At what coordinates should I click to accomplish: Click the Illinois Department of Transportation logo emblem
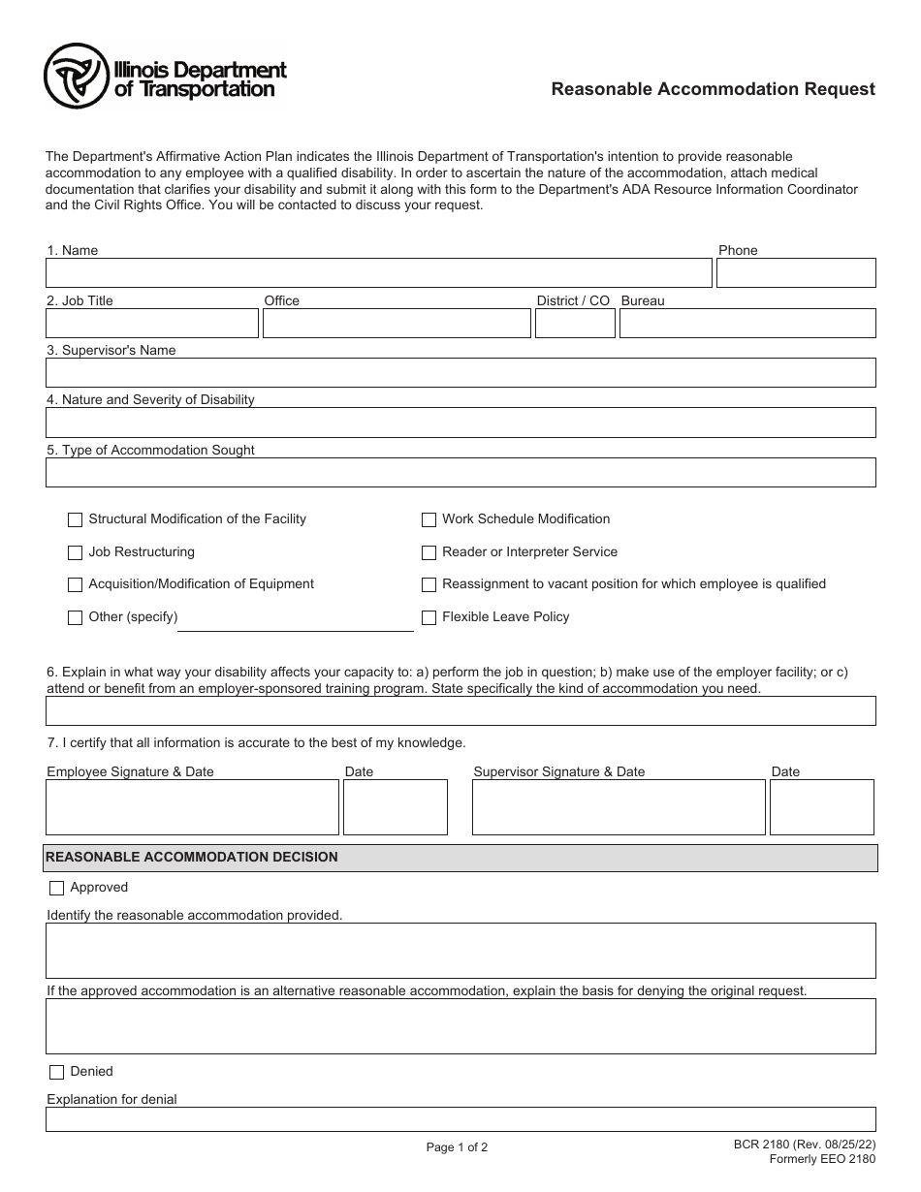click(x=77, y=77)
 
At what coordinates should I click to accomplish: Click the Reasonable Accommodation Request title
click(x=713, y=89)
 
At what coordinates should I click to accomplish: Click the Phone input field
click(x=795, y=273)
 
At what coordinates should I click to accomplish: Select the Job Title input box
click(x=152, y=324)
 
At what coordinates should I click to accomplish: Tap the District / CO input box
click(x=574, y=324)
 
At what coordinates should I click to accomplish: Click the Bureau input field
click(x=746, y=324)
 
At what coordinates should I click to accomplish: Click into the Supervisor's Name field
click(x=460, y=373)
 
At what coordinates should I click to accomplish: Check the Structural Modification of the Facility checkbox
click(x=76, y=520)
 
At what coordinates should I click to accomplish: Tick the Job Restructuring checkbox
click(x=76, y=553)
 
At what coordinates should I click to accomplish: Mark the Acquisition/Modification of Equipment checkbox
click(x=76, y=585)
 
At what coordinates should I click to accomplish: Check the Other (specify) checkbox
click(x=76, y=618)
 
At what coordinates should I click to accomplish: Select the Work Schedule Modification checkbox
click(x=429, y=520)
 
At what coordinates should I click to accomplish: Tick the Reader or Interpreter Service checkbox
click(x=429, y=553)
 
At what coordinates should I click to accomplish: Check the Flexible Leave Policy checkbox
click(x=429, y=618)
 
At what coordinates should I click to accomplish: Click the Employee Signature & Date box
click(x=192, y=807)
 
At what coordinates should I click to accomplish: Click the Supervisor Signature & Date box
click(x=618, y=807)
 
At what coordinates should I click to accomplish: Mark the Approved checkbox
click(x=56, y=888)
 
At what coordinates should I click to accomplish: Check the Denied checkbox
click(x=56, y=1072)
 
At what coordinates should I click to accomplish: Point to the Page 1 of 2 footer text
click(x=457, y=1147)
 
